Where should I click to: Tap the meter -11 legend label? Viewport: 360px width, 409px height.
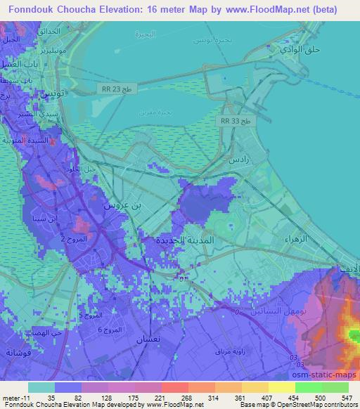pyautogui.click(x=15, y=398)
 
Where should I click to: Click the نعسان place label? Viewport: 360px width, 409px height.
pyautogui.click(x=162, y=339)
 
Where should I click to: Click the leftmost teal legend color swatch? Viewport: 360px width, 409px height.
pyautogui.click(x=41, y=387)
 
